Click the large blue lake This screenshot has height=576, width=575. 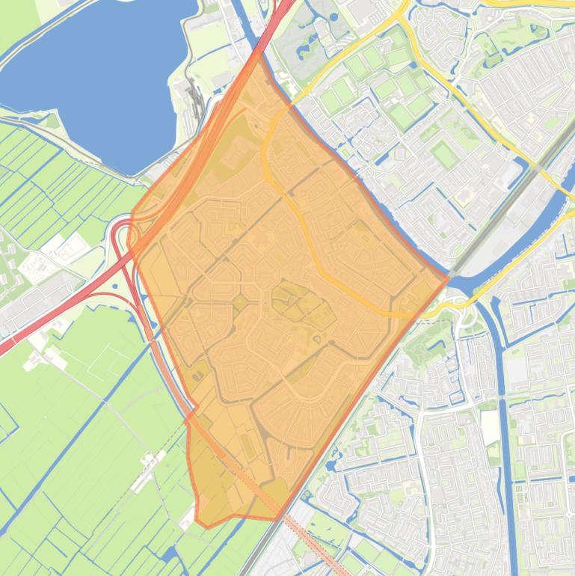pos(97,75)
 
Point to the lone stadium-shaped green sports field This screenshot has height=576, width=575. pos(444,156)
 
